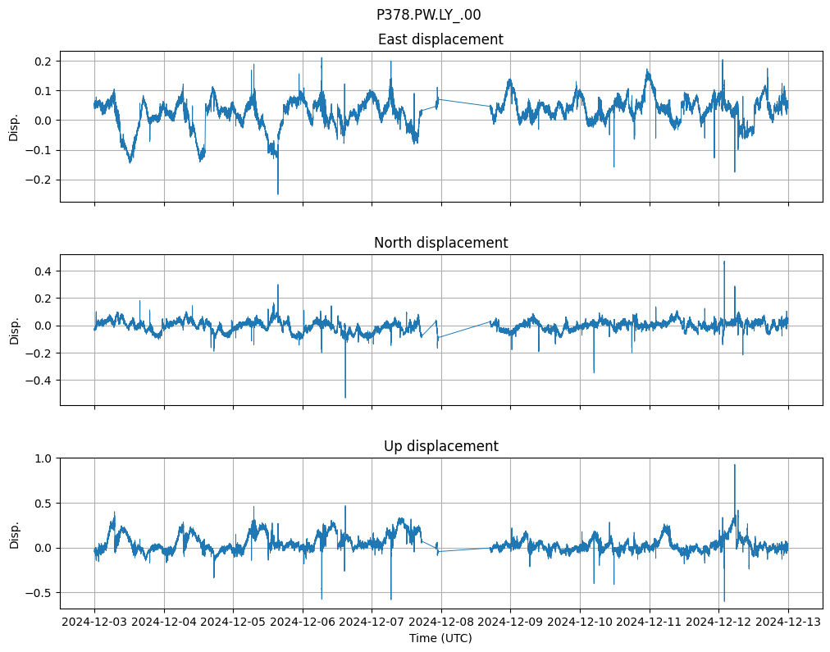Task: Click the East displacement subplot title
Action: (x=440, y=39)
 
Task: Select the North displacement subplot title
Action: (x=440, y=243)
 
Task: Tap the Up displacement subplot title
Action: (x=440, y=446)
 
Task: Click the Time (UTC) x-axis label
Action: (x=440, y=638)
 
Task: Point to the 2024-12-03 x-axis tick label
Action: (x=94, y=622)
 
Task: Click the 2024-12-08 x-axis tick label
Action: (x=441, y=622)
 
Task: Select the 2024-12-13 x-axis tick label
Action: (x=789, y=622)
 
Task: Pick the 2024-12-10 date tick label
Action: (x=581, y=622)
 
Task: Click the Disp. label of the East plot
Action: (x=14, y=126)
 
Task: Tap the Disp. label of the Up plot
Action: (x=14, y=533)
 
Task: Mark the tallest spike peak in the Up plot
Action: (x=735, y=465)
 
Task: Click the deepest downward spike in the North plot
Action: (x=345, y=398)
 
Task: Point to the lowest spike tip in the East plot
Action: (x=278, y=194)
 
